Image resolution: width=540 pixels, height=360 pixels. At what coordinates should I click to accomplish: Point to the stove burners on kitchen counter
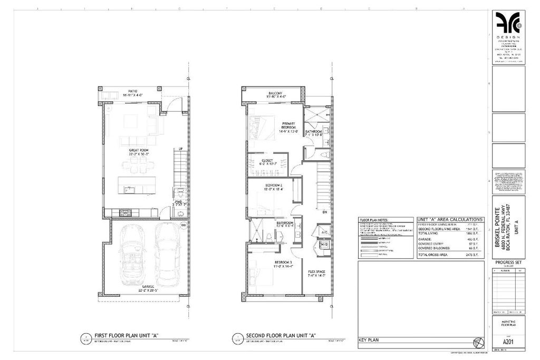[x=126, y=213]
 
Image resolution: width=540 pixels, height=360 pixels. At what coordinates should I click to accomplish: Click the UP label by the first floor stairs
[x=181, y=149]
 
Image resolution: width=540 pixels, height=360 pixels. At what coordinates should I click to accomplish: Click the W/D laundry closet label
[x=323, y=245]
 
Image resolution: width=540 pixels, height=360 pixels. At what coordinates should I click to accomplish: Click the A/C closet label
[x=323, y=231]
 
